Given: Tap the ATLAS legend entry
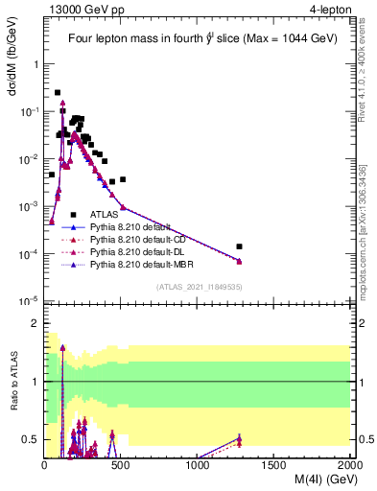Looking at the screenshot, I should click(x=103, y=214).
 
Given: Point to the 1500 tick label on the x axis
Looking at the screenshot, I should click(x=274, y=466).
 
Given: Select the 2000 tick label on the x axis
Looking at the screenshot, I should click(x=348, y=466).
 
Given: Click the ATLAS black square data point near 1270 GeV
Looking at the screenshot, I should click(x=240, y=246).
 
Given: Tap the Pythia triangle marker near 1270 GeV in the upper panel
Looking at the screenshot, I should click(x=240, y=261).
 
